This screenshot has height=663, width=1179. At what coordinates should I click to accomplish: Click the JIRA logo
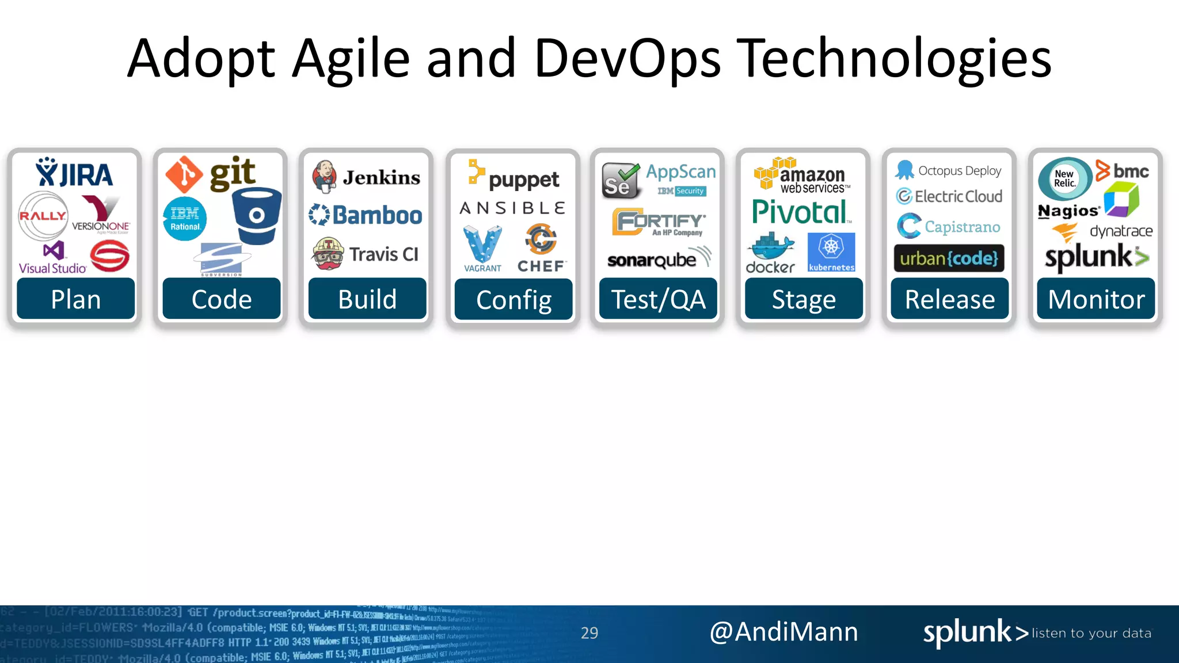(x=74, y=173)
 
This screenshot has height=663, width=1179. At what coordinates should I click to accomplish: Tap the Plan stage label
(x=75, y=299)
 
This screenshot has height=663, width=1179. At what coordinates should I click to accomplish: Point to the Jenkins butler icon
(x=325, y=177)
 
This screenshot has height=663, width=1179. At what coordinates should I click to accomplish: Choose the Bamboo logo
(x=366, y=215)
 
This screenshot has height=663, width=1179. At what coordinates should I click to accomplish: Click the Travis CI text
(x=383, y=254)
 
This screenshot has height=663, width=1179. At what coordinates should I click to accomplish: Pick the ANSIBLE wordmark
(x=512, y=208)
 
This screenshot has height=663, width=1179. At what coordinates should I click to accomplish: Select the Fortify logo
(x=659, y=222)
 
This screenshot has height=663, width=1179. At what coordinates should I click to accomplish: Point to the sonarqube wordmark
(x=652, y=260)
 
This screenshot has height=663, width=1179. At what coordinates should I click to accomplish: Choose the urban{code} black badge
(x=949, y=258)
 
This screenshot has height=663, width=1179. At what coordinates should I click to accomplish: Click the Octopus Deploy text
(x=960, y=171)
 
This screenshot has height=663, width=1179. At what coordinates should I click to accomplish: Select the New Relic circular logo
(x=1064, y=178)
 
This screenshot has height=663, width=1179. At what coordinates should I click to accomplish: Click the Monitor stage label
(x=1096, y=299)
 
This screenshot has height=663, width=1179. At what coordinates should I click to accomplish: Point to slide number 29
(x=589, y=633)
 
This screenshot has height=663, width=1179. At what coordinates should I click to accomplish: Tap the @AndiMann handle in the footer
(x=784, y=632)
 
